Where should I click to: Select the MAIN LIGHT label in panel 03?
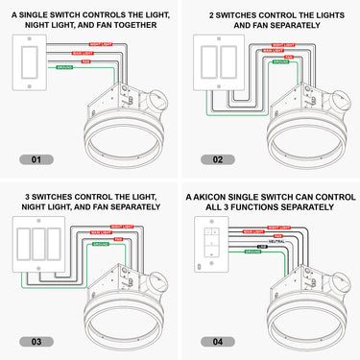click(103, 231)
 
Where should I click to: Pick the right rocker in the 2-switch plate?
click(229, 62)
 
